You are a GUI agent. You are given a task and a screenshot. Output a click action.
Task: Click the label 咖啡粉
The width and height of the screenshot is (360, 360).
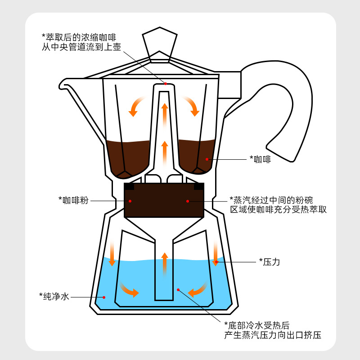[73, 200]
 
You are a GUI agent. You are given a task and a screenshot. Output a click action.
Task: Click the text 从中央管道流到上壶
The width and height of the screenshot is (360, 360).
[81, 46]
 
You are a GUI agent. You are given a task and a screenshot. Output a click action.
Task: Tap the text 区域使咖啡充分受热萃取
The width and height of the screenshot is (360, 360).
[279, 210]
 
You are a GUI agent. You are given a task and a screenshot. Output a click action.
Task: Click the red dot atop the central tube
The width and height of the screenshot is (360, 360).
[165, 84]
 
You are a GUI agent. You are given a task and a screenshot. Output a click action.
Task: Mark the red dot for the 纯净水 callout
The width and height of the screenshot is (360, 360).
[104, 297]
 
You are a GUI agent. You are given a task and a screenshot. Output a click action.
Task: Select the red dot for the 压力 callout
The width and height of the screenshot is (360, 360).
[216, 261]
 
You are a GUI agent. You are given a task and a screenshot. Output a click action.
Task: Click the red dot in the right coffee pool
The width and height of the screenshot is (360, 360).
[207, 159]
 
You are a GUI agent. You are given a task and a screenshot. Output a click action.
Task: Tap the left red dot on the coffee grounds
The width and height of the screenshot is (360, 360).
[130, 201]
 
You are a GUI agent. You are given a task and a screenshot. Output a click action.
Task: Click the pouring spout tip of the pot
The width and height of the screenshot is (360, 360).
[63, 84]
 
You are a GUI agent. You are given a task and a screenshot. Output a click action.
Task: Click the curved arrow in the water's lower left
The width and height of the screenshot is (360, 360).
[129, 290]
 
